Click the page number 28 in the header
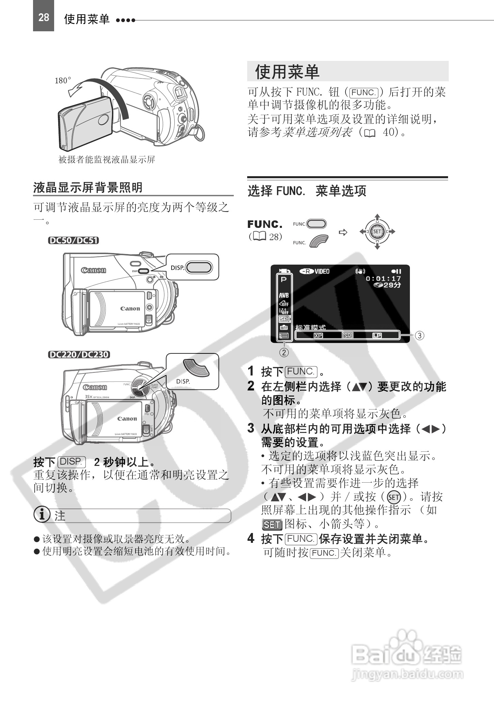(44, 17)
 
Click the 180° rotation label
(63, 81)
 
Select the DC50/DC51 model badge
(74, 241)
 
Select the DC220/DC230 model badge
(79, 355)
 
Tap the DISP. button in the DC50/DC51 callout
(199, 267)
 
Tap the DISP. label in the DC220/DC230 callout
(183, 382)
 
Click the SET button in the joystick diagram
(377, 232)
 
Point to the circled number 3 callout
(420, 336)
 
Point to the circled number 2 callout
(284, 352)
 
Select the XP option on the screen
(318, 336)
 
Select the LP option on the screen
(377, 336)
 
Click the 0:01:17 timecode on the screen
(383, 279)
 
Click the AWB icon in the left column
(284, 296)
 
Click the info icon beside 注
(42, 515)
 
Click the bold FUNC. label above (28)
(265, 224)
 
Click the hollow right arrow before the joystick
(343, 232)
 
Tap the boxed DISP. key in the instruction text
(71, 462)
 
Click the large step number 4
(251, 538)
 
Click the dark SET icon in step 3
(272, 525)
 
